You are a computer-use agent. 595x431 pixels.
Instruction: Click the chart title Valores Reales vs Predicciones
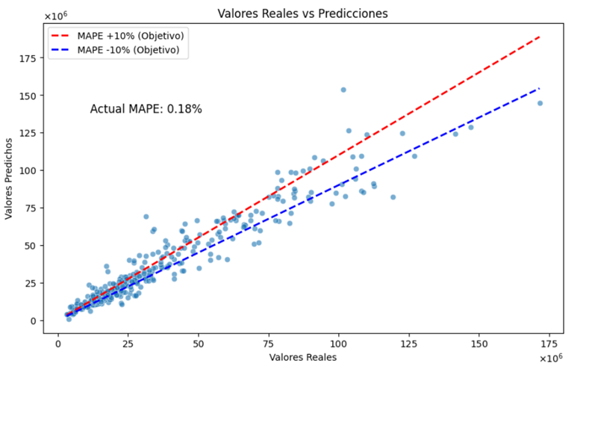(302, 13)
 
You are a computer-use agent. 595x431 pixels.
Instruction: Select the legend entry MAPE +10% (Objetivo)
(131, 36)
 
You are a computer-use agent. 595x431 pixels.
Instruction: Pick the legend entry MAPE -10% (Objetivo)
(129, 50)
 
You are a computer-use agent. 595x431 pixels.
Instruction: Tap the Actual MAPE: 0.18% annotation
(146, 109)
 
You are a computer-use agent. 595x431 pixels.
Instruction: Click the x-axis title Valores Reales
(303, 357)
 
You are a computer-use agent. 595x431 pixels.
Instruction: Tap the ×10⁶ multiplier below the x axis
(551, 359)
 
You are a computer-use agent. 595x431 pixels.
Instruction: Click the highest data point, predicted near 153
(343, 90)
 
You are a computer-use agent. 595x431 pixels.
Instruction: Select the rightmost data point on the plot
(540, 103)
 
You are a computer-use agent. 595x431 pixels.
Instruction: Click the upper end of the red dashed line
(540, 36)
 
